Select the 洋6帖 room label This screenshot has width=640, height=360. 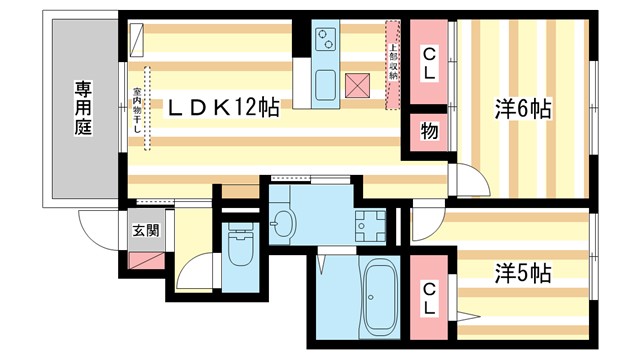click(524, 108)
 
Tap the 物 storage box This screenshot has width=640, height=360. click(428, 131)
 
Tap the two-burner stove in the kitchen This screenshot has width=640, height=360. click(326, 39)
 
